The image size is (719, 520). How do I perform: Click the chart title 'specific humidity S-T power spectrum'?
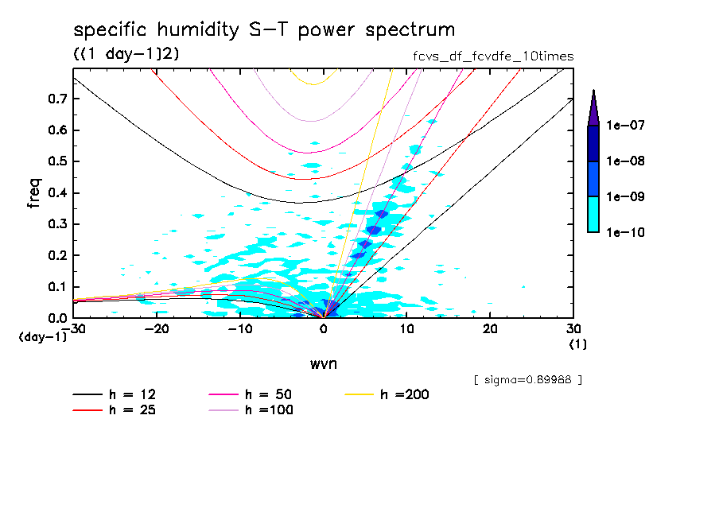pos(264,30)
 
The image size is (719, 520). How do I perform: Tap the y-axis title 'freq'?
pos(33,193)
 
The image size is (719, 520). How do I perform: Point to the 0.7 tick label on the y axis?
pos(56,99)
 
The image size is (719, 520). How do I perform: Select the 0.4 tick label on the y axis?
pos(56,193)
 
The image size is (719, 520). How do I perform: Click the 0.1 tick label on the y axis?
pos(56,287)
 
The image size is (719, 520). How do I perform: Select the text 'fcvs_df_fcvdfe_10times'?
pos(488,56)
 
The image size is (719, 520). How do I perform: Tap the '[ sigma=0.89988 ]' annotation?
pos(527,380)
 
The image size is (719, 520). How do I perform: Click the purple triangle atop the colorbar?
pos(593,108)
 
